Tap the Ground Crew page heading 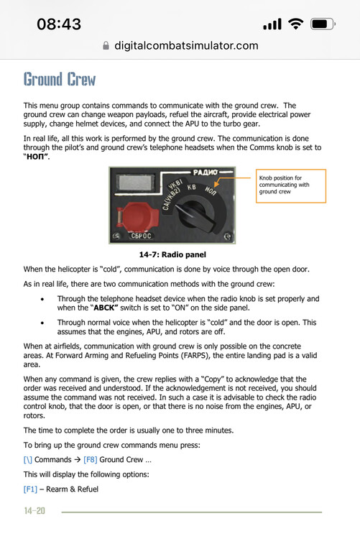[60, 79]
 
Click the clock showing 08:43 [59, 24]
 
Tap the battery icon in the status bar [323, 24]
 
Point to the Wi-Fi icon [296, 24]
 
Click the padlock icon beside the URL [106, 45]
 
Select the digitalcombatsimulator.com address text [186, 45]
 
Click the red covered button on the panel [137, 217]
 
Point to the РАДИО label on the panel [206, 172]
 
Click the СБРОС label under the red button [141, 236]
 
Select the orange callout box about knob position [291, 185]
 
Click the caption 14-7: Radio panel [172, 254]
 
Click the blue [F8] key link [91, 460]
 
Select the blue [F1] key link [30, 489]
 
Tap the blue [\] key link [28, 460]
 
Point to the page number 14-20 [34, 511]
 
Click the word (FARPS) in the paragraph [195, 356]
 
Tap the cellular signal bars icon [272, 24]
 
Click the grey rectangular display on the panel [137, 183]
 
